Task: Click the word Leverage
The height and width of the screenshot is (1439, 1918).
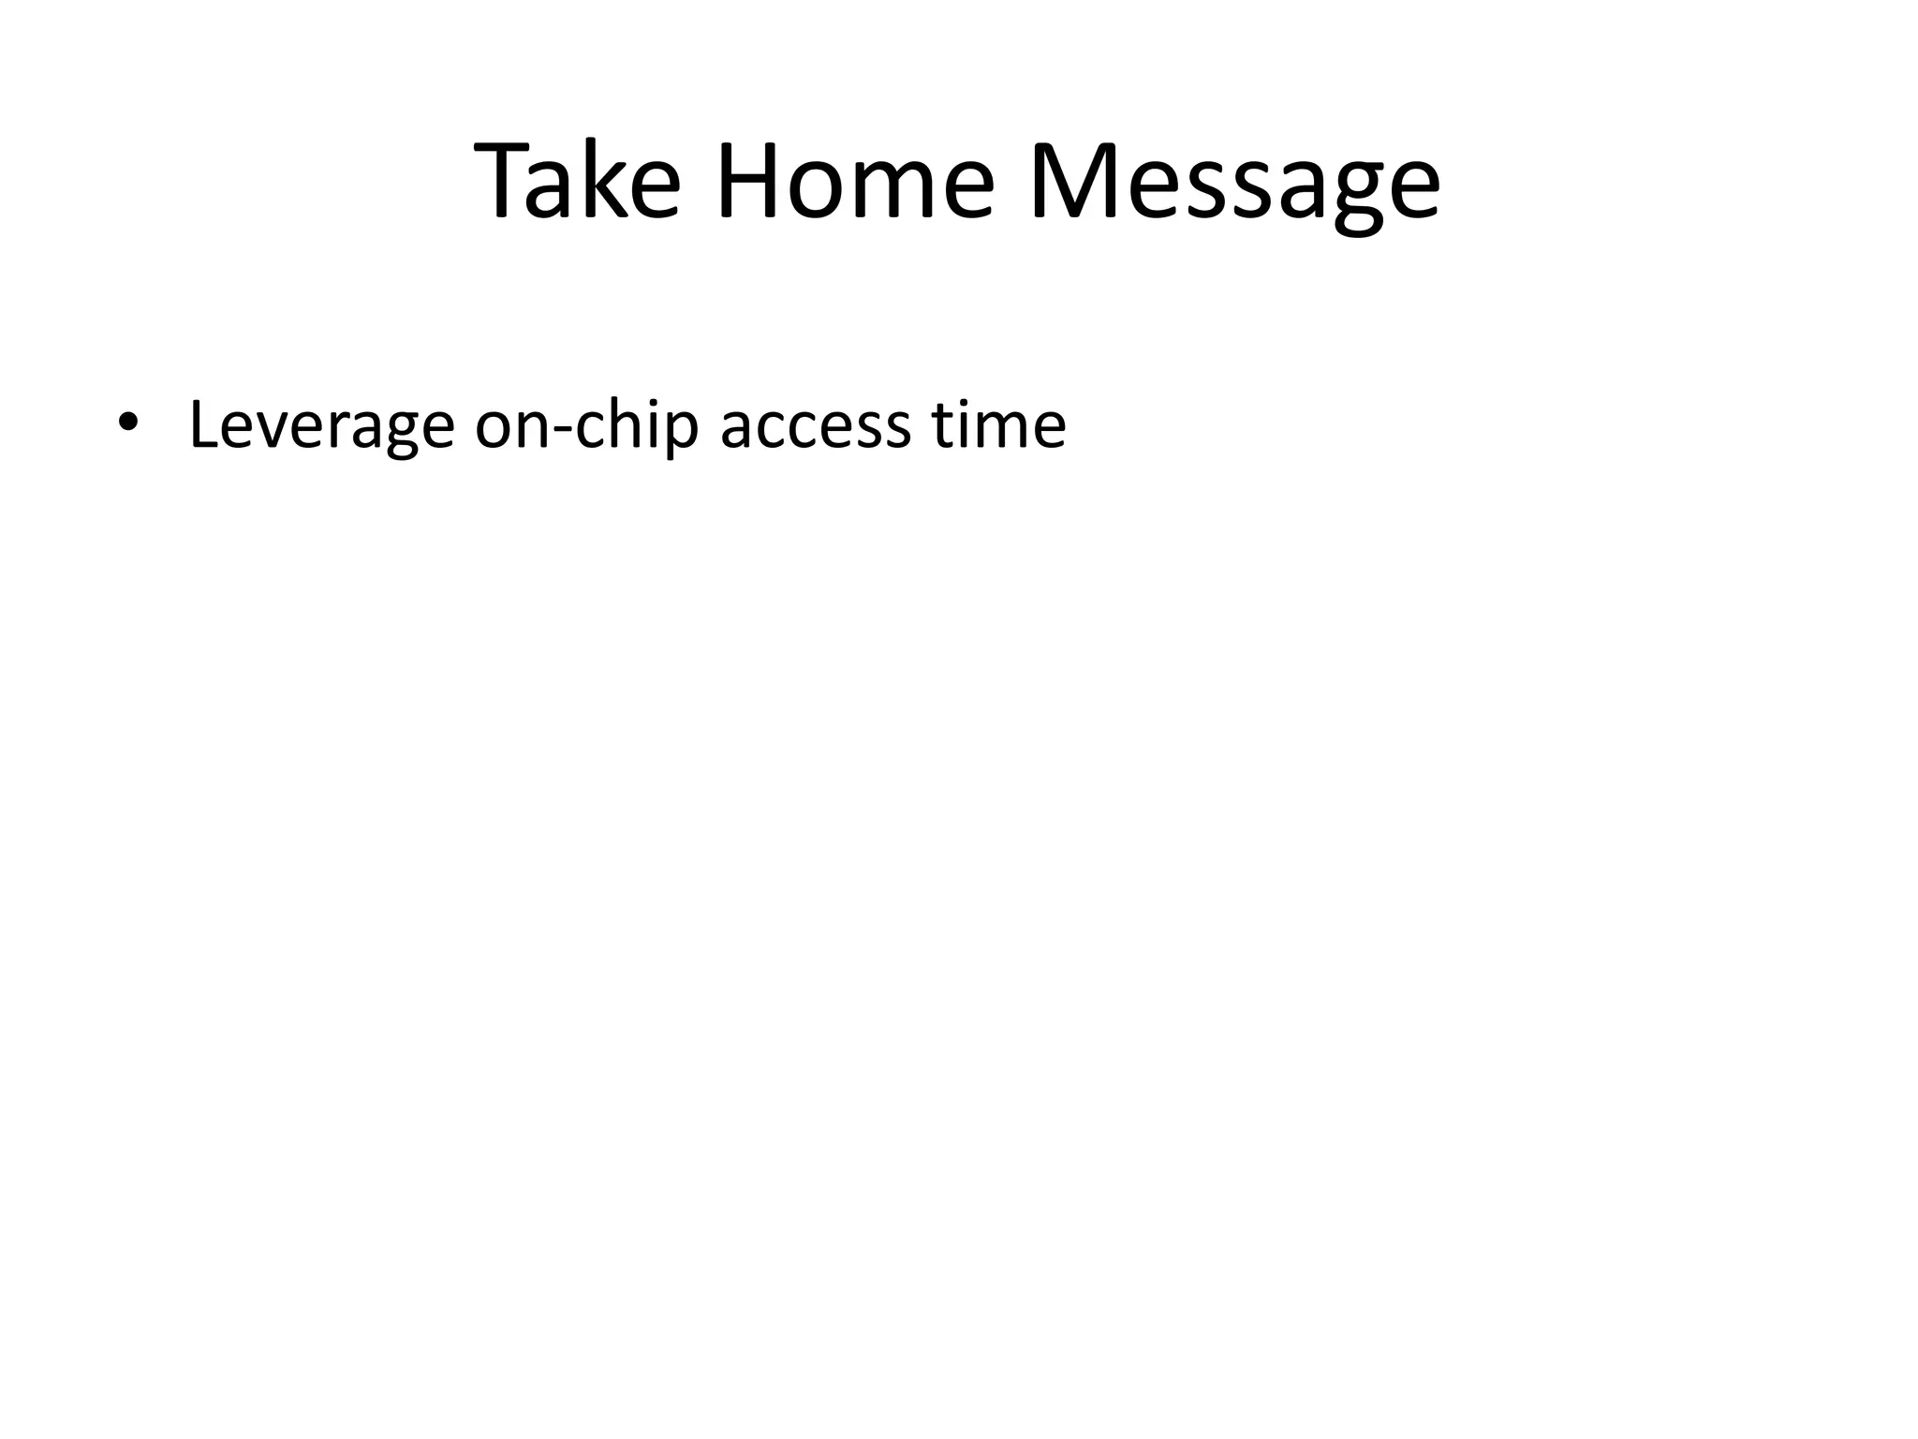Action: point(321,426)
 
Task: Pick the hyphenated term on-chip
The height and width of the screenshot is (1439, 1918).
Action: point(587,426)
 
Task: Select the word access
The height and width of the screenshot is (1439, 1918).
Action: point(815,426)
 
